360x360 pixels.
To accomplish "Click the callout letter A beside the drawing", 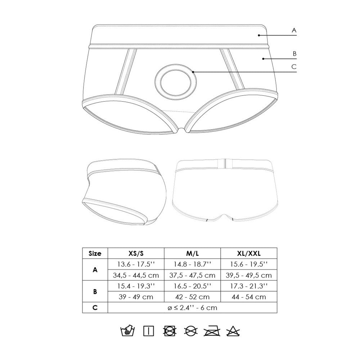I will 294,31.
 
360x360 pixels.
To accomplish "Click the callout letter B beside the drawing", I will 294,54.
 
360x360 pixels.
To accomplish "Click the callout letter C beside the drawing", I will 294,66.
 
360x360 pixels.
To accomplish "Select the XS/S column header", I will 136,253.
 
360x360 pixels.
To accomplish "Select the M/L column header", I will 192,253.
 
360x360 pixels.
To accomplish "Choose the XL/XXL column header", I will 249,253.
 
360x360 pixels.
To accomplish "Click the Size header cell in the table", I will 95,253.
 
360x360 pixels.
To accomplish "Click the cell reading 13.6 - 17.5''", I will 136,264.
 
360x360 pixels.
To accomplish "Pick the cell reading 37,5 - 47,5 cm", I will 192,275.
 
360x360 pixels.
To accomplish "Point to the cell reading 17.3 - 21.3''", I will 249,286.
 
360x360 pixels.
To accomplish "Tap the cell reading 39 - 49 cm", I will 136,297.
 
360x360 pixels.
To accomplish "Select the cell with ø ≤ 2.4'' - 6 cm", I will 192,308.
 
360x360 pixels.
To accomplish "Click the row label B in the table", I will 95,292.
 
